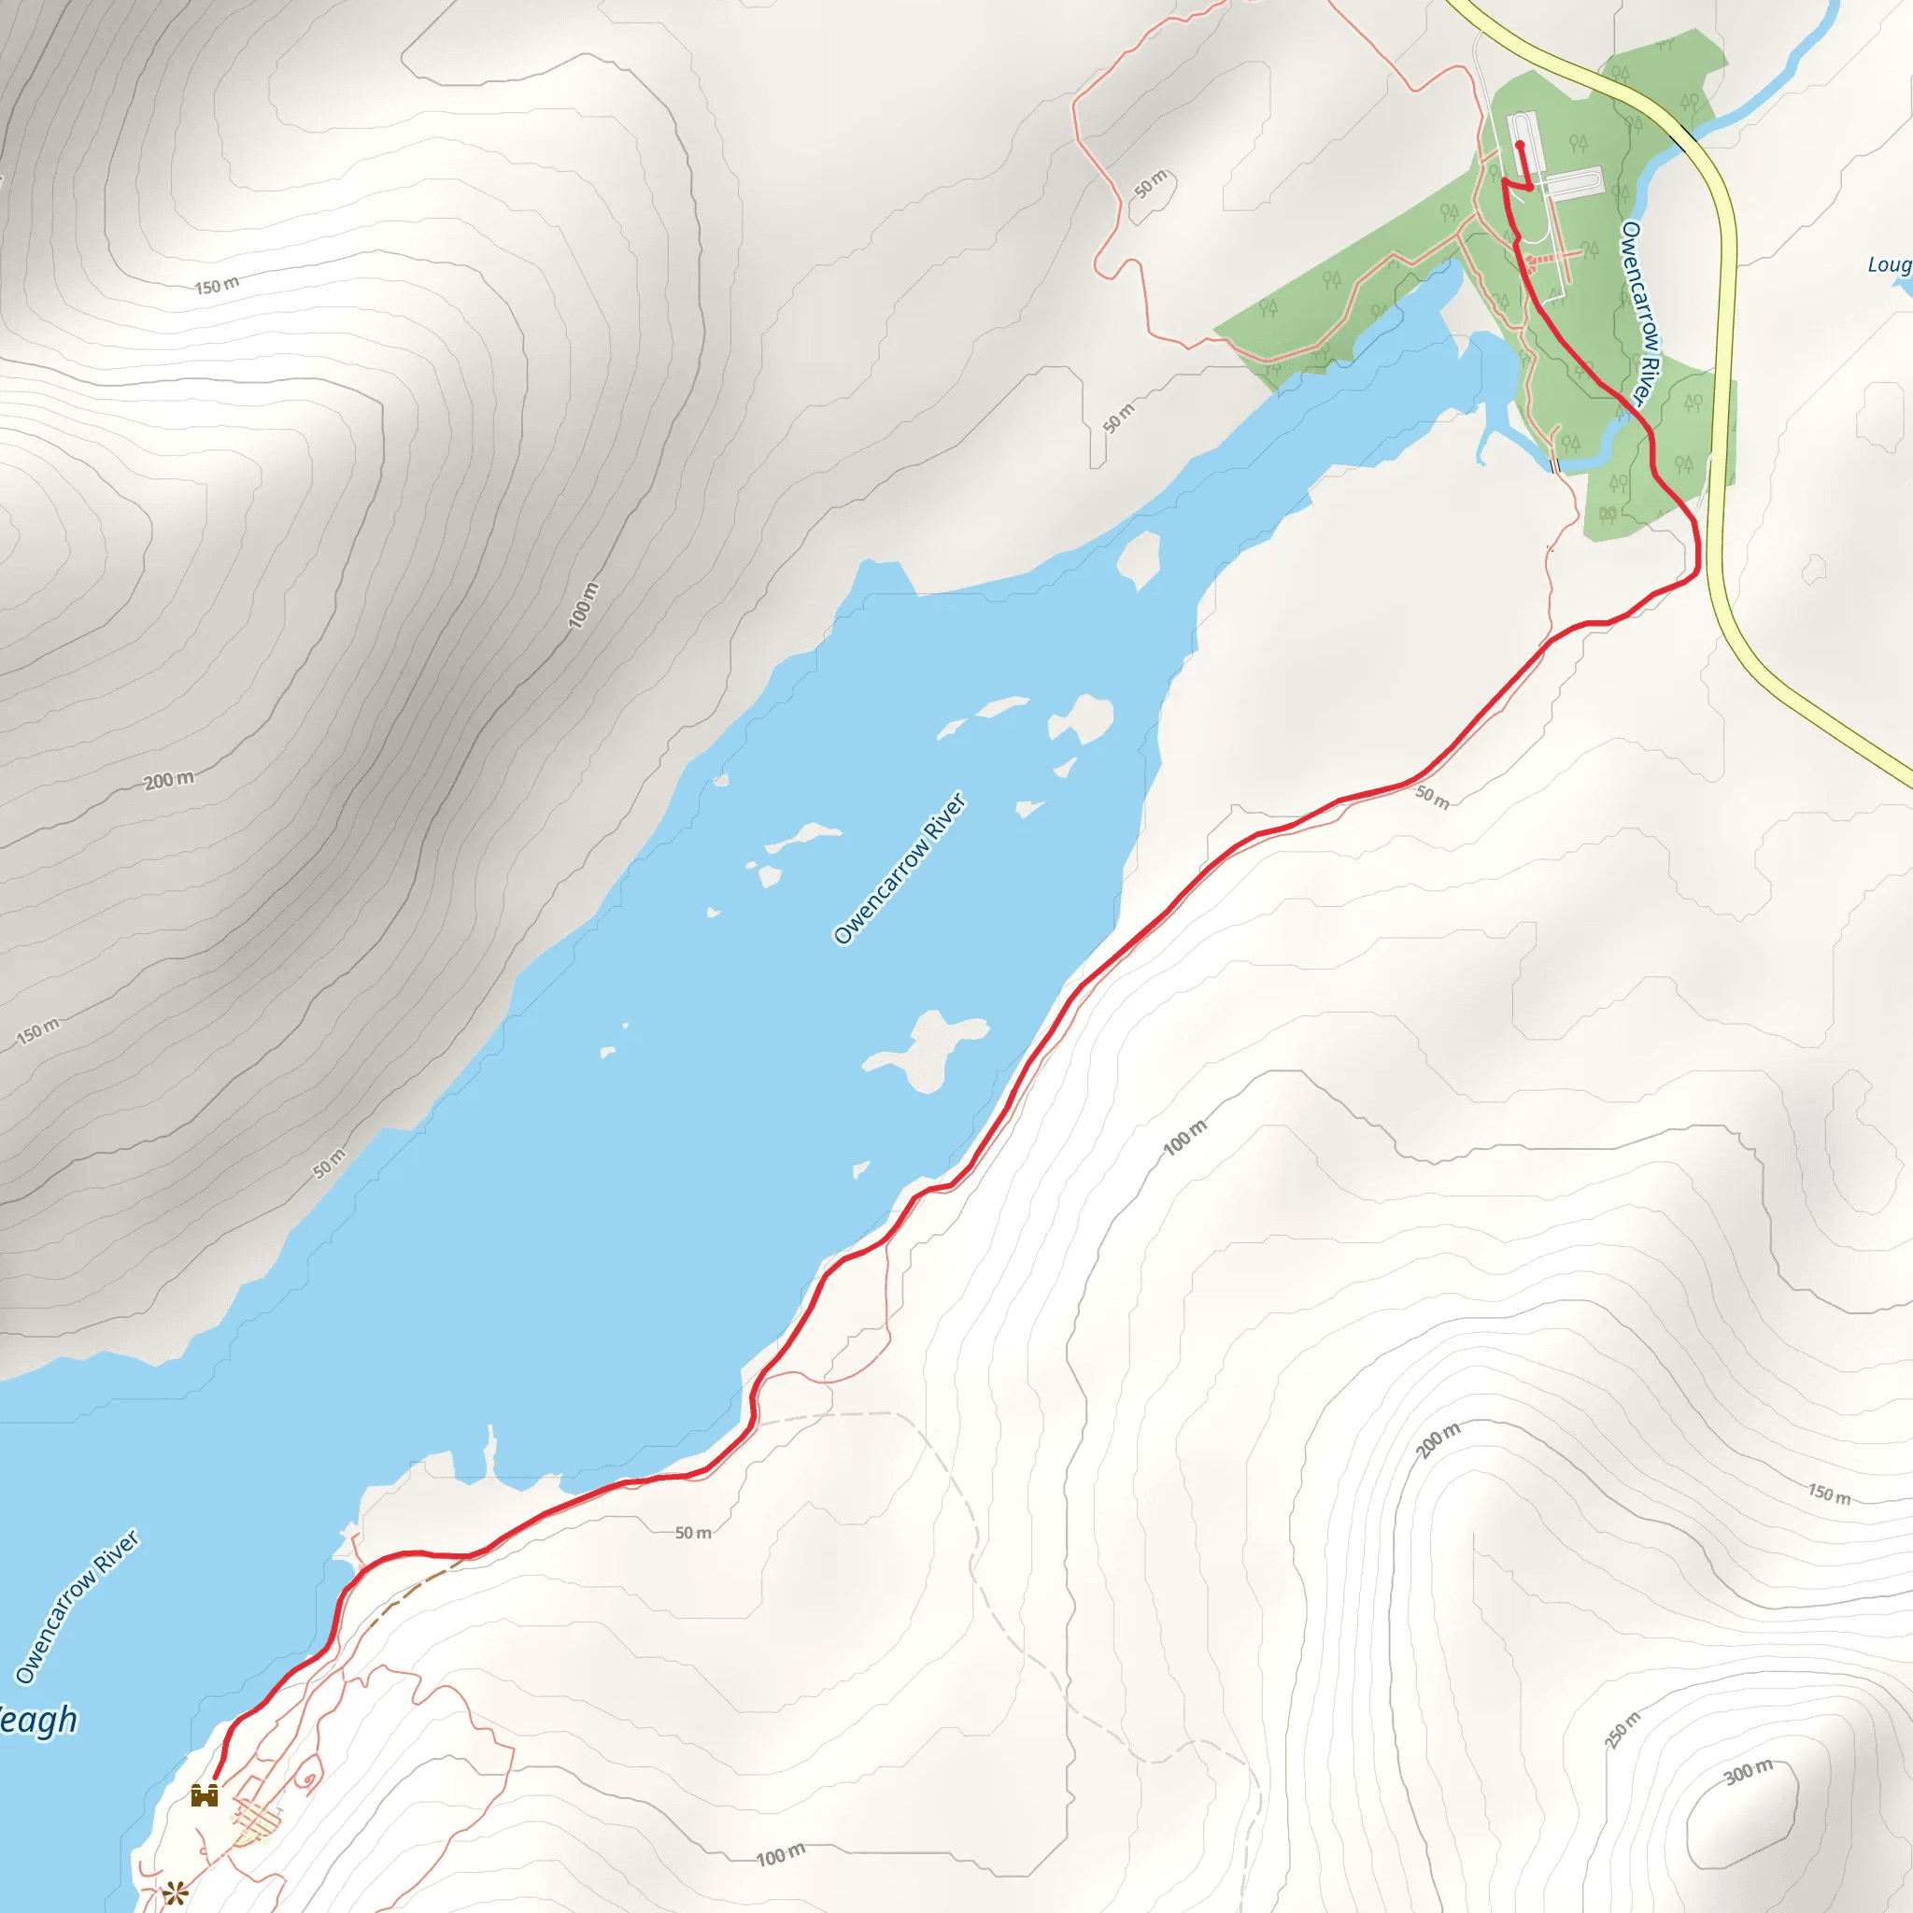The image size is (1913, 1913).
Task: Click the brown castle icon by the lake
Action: pos(204,1795)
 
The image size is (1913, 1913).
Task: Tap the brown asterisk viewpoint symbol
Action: pos(176,1893)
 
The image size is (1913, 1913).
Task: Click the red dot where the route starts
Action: pos(1519,145)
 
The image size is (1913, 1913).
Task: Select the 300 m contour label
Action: pos(1749,1771)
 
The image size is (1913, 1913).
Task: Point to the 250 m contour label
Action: pos(1622,1730)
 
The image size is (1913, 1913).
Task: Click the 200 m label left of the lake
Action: pos(169,780)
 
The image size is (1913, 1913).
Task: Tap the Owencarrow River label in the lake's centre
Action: pos(900,868)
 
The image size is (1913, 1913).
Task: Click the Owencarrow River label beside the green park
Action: pos(1638,313)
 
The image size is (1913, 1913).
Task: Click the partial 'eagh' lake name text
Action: pos(37,1720)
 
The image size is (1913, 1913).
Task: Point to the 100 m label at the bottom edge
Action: pos(780,1854)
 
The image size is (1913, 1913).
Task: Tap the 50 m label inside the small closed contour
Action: pos(1151,184)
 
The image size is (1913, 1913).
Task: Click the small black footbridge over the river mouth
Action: pos(1554,463)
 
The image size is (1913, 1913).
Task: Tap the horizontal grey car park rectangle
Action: pos(1574,183)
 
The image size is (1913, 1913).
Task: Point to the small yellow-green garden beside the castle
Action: pos(253,1821)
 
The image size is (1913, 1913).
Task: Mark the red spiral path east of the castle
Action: pos(309,1779)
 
